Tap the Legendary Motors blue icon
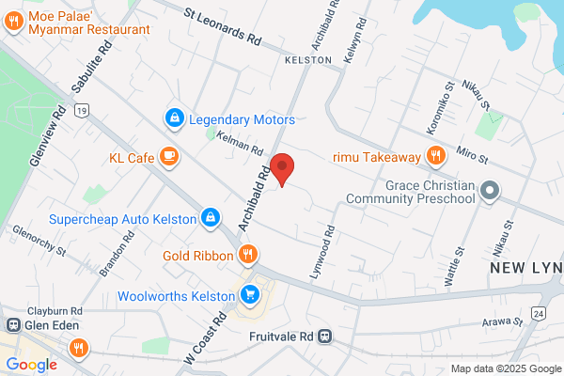coord(173,119)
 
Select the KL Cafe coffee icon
coord(169,157)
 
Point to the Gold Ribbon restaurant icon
coord(248,254)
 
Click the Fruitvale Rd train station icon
coord(325,336)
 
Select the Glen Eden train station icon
coord(14,325)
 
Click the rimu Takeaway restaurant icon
coord(435,156)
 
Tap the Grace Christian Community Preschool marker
coord(489,191)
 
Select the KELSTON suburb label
coord(308,59)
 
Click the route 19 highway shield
coord(84,111)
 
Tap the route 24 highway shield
coord(539,312)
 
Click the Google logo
coord(31,364)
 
